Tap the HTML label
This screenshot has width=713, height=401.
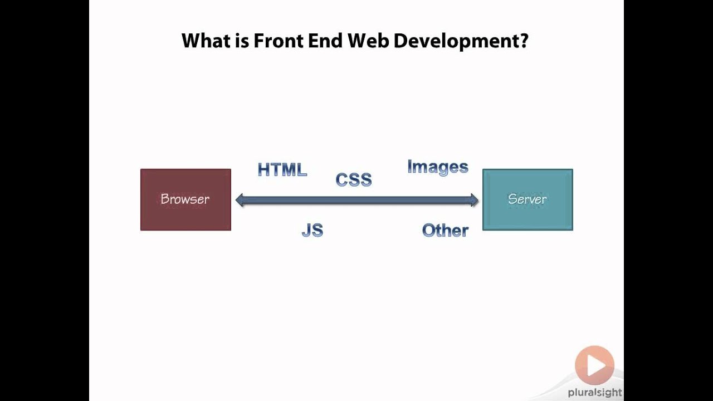coord(282,170)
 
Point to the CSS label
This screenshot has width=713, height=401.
coord(354,180)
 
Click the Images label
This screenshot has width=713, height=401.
coord(438,167)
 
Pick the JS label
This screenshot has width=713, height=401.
coord(312,230)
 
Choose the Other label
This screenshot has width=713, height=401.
coord(445,230)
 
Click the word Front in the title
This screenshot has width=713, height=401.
coord(279,41)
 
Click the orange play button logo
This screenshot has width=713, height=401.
coord(594,365)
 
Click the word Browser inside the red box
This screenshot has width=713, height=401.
coord(185,199)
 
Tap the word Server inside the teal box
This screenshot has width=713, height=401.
coord(528,199)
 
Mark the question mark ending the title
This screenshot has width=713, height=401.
coord(523,41)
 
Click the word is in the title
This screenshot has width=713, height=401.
coord(241,41)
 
